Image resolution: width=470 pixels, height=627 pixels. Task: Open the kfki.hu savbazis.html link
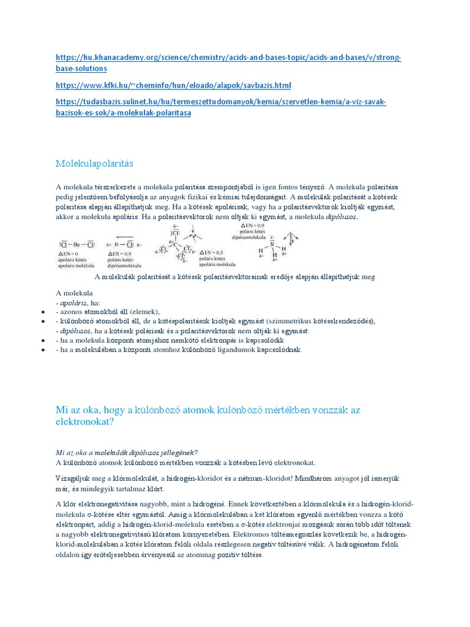click(x=173, y=85)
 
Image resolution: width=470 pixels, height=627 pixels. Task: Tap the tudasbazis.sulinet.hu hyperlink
click(x=220, y=102)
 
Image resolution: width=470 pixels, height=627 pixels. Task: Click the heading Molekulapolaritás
click(x=94, y=164)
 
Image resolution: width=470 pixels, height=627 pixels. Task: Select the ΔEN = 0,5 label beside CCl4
click(x=210, y=252)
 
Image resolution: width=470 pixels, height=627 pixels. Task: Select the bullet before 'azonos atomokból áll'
click(x=43, y=312)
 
